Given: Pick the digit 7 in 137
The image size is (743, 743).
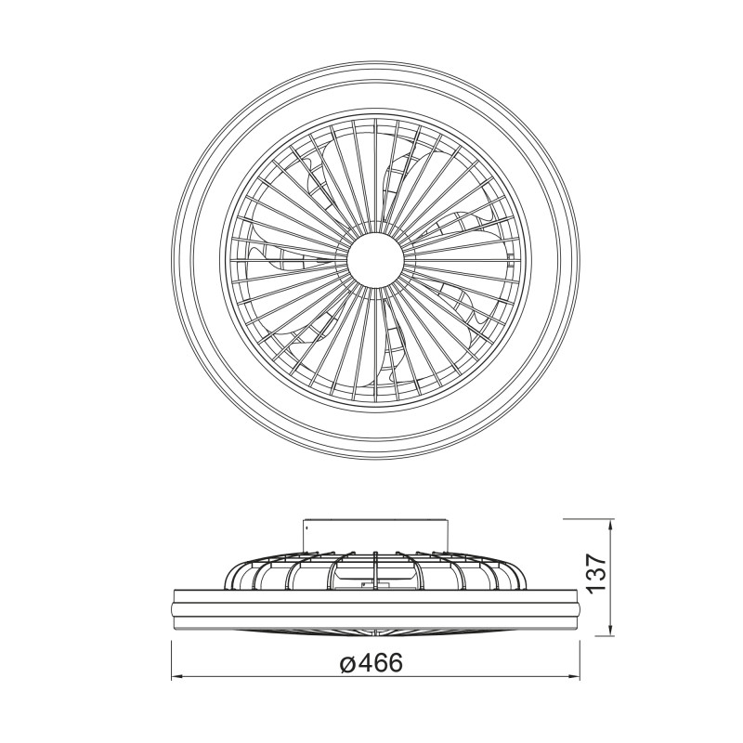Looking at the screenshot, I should pyautogui.click(x=596, y=560).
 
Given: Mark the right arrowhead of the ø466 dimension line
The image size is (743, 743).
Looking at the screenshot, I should pyautogui.click(x=576, y=675).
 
